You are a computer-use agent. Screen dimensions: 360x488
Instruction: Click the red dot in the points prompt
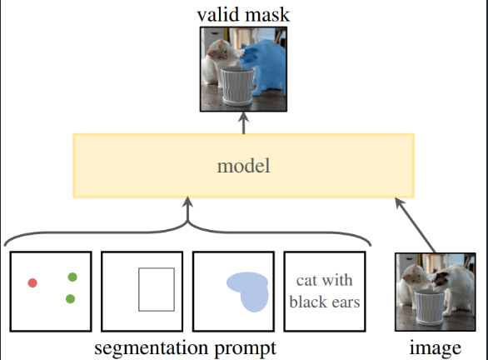(32, 283)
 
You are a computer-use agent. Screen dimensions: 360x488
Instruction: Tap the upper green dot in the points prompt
(72, 277)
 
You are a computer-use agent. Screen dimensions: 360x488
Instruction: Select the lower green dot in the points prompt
(70, 298)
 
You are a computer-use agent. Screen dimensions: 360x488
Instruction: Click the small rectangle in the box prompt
(156, 288)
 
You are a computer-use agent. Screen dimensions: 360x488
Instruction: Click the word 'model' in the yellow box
(243, 166)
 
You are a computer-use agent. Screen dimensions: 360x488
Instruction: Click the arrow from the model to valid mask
(244, 123)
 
